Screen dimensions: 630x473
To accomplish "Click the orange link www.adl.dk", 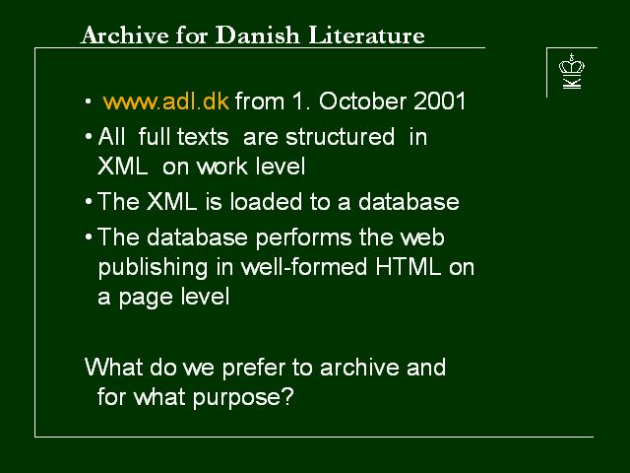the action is click(166, 101).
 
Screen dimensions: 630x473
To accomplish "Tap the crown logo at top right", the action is click(572, 71).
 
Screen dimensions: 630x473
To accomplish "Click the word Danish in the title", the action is click(258, 35).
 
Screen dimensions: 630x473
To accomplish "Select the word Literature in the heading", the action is click(366, 35).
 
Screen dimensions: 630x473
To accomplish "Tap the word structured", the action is click(340, 137).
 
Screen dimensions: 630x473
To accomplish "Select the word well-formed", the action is click(304, 266).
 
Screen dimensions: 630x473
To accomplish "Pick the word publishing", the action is click(154, 268).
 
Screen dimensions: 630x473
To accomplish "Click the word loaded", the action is click(266, 201).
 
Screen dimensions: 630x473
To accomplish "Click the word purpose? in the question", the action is click(243, 398).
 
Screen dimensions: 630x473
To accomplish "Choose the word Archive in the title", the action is click(125, 35).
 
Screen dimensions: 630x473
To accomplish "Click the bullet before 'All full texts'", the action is click(89, 137).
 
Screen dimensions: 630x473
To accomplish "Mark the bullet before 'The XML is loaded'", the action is click(89, 201).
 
